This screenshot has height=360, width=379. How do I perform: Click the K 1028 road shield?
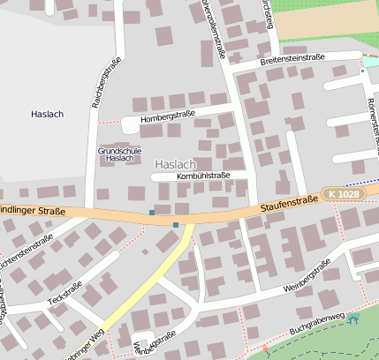click(342, 193)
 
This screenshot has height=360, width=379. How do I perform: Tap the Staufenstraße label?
click(289, 204)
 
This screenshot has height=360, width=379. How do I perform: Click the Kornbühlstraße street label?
click(203, 176)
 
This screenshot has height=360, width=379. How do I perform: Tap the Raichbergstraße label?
click(105, 83)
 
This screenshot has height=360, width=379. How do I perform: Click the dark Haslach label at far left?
click(47, 115)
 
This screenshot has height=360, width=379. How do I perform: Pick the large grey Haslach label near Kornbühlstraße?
click(175, 165)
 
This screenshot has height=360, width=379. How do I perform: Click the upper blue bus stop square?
click(152, 213)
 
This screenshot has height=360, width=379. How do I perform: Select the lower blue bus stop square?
click(176, 225)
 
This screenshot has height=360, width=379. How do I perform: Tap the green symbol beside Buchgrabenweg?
click(354, 317)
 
